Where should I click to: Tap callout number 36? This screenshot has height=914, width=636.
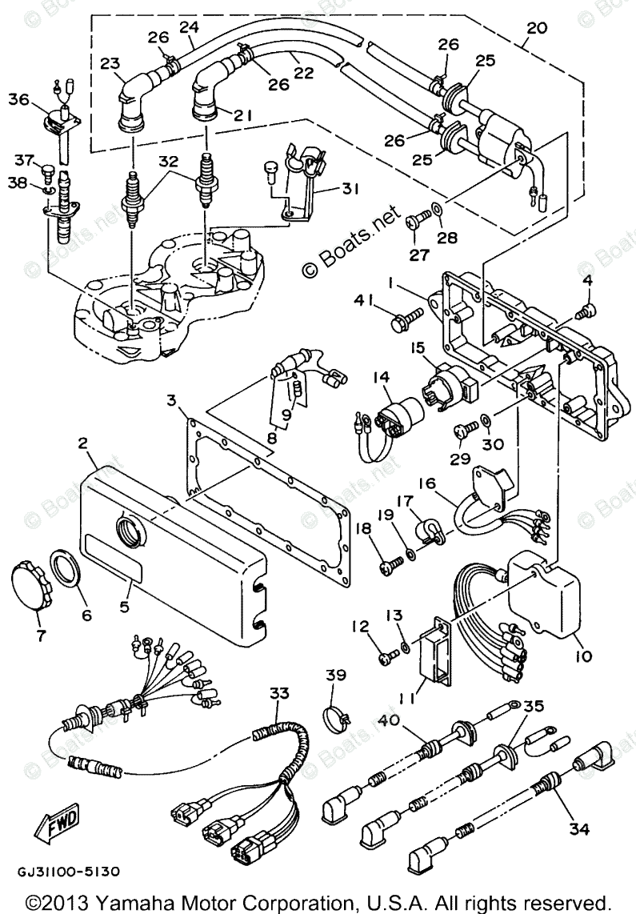18,99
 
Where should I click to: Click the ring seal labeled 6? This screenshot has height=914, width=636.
69,567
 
